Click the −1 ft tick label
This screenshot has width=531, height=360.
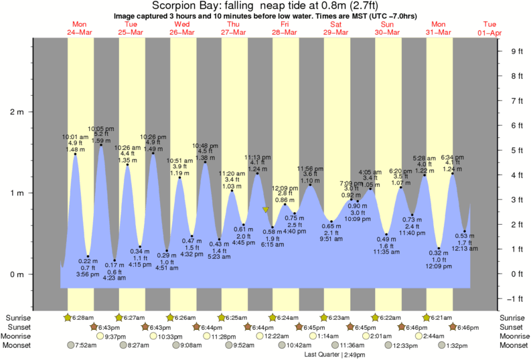click(516, 299)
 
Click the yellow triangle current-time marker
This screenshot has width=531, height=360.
click(266, 210)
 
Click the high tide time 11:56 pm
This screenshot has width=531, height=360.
click(309, 168)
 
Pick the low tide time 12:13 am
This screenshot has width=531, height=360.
click(464, 248)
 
